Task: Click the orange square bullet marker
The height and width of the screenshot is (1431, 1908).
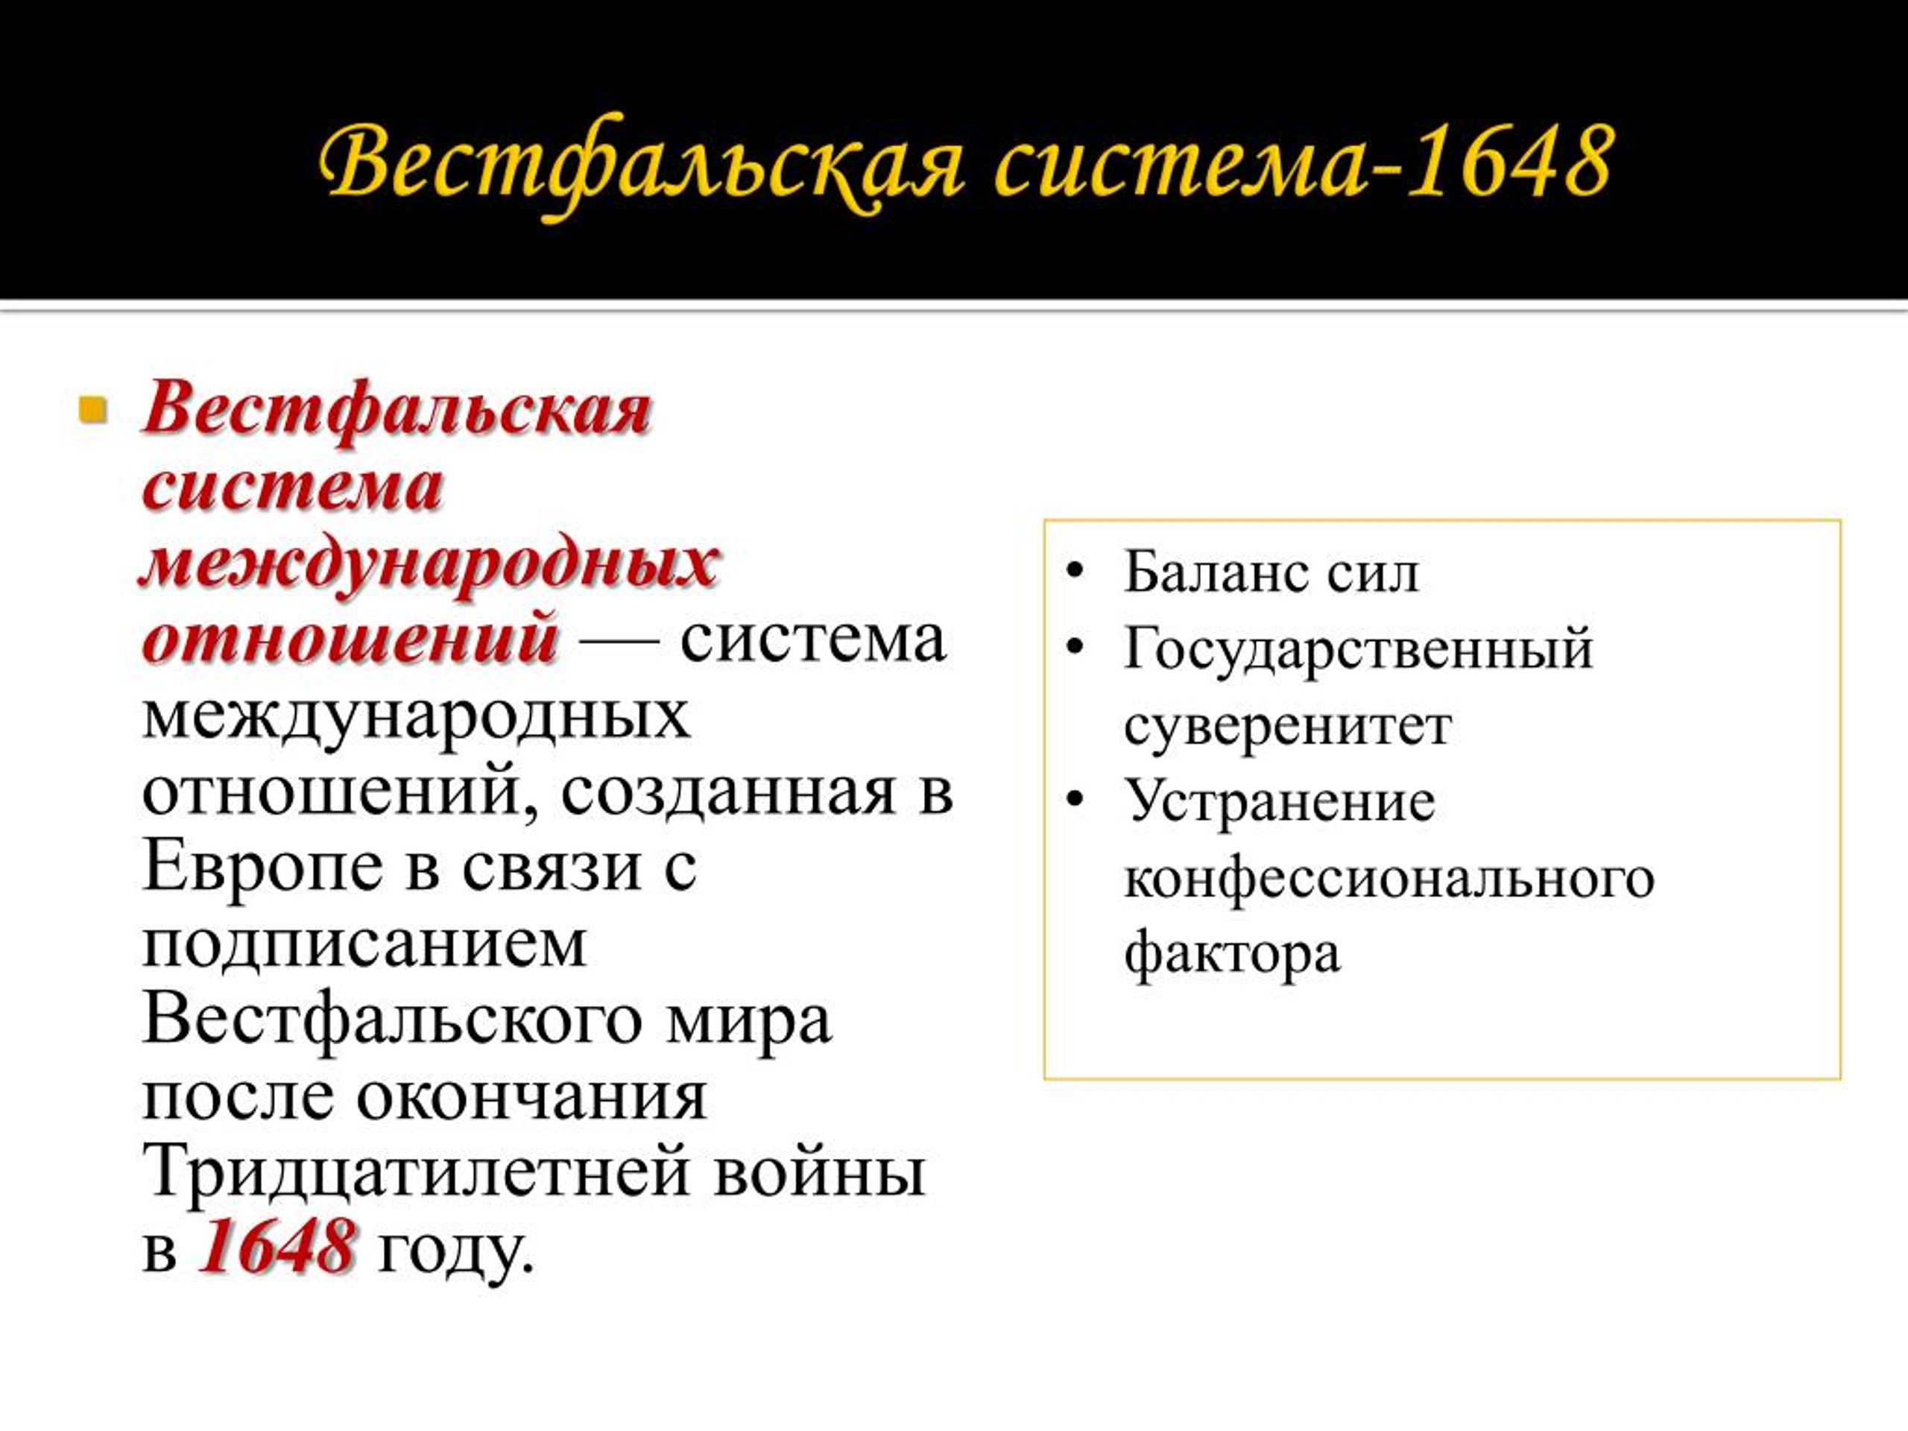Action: click(92, 409)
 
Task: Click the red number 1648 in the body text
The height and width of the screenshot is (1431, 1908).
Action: click(276, 1245)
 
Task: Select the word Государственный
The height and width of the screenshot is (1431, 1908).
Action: click(1359, 648)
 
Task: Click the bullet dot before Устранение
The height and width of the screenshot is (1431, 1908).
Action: click(1074, 800)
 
